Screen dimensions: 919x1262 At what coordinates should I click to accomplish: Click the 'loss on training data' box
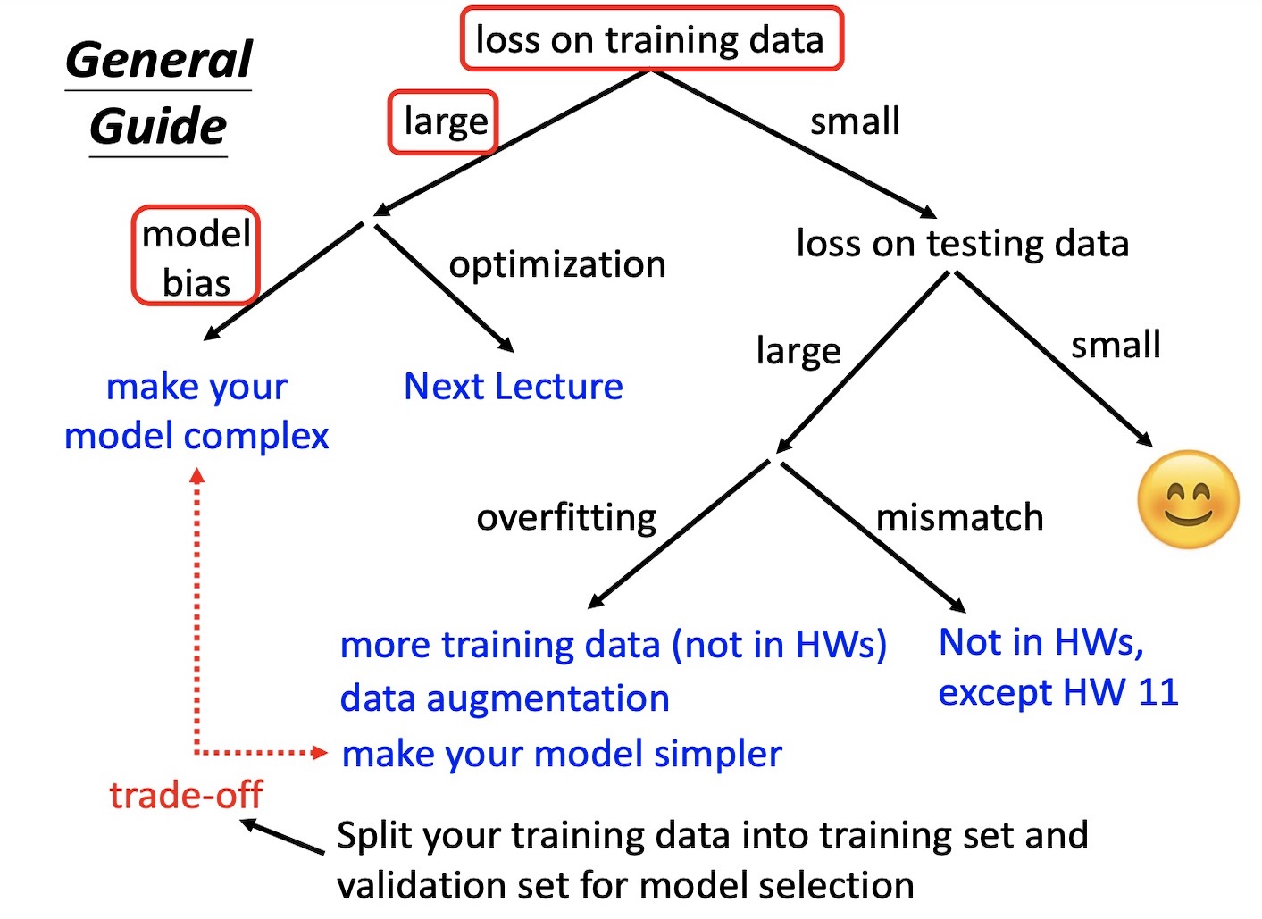pyautogui.click(x=650, y=40)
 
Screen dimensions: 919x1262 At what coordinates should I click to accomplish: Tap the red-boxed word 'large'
pyautogui.click(x=444, y=121)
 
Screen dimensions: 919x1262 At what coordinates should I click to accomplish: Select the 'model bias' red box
pyautogui.click(x=196, y=257)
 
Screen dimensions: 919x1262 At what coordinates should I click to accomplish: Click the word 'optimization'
pyautogui.click(x=557, y=264)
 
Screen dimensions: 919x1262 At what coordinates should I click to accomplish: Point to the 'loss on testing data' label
pyautogui.click(x=962, y=244)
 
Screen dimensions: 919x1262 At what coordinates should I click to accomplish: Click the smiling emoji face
pyautogui.click(x=1188, y=499)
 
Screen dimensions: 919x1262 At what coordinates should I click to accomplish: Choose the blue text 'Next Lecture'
pyautogui.click(x=513, y=387)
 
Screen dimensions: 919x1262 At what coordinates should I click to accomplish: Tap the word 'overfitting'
pyautogui.click(x=566, y=517)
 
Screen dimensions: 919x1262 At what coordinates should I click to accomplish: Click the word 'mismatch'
pyautogui.click(x=959, y=517)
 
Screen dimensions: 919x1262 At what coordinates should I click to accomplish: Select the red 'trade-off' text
pyautogui.click(x=186, y=794)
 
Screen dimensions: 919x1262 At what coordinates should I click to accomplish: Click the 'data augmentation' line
pyautogui.click(x=505, y=698)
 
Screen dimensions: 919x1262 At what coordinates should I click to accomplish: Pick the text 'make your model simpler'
pyautogui.click(x=562, y=754)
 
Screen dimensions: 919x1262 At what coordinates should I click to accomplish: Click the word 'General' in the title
pyautogui.click(x=159, y=61)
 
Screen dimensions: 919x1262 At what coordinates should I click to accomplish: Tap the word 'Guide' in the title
pyautogui.click(x=158, y=126)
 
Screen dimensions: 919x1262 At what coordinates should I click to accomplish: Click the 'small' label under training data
pyautogui.click(x=855, y=121)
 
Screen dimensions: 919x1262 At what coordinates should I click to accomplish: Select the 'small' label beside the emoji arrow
pyautogui.click(x=1116, y=345)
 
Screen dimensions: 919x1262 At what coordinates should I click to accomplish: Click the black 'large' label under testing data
pyautogui.click(x=798, y=351)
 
